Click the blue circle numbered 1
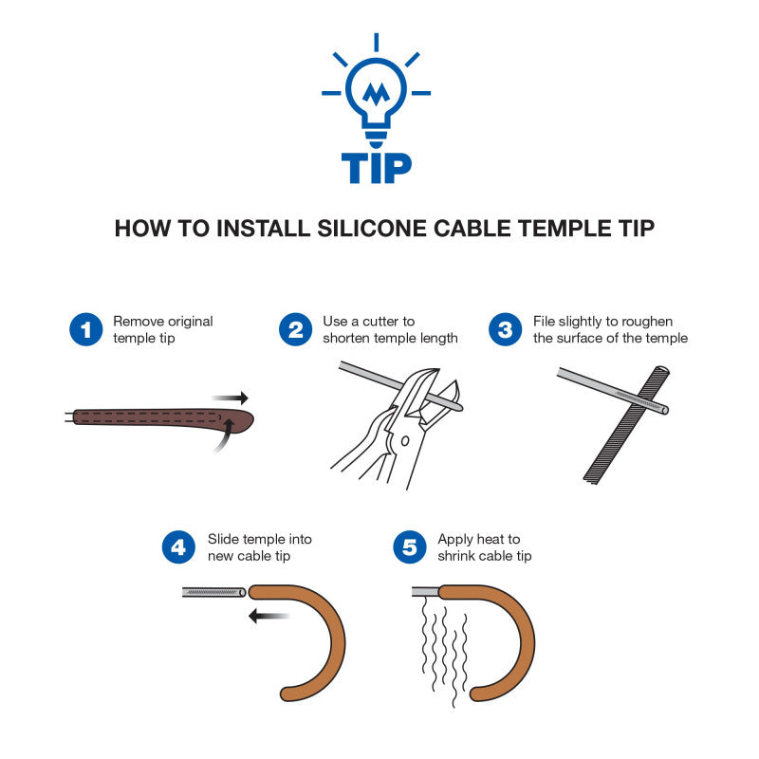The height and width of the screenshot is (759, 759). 85,329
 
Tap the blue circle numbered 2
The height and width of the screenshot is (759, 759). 295,329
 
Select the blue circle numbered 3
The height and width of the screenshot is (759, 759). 505,329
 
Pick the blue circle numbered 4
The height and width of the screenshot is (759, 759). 178,547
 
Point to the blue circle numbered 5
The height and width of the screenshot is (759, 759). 410,547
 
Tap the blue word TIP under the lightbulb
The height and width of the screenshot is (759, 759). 376,168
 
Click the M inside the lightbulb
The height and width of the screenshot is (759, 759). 376,94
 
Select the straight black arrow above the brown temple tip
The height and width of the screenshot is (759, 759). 230,398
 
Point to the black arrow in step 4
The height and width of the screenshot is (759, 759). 268,616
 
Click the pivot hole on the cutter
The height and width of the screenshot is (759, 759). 405,441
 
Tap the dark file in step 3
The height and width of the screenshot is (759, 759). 627,425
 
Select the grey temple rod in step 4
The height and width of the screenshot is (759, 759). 214,592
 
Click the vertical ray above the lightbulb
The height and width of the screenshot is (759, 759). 376,42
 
